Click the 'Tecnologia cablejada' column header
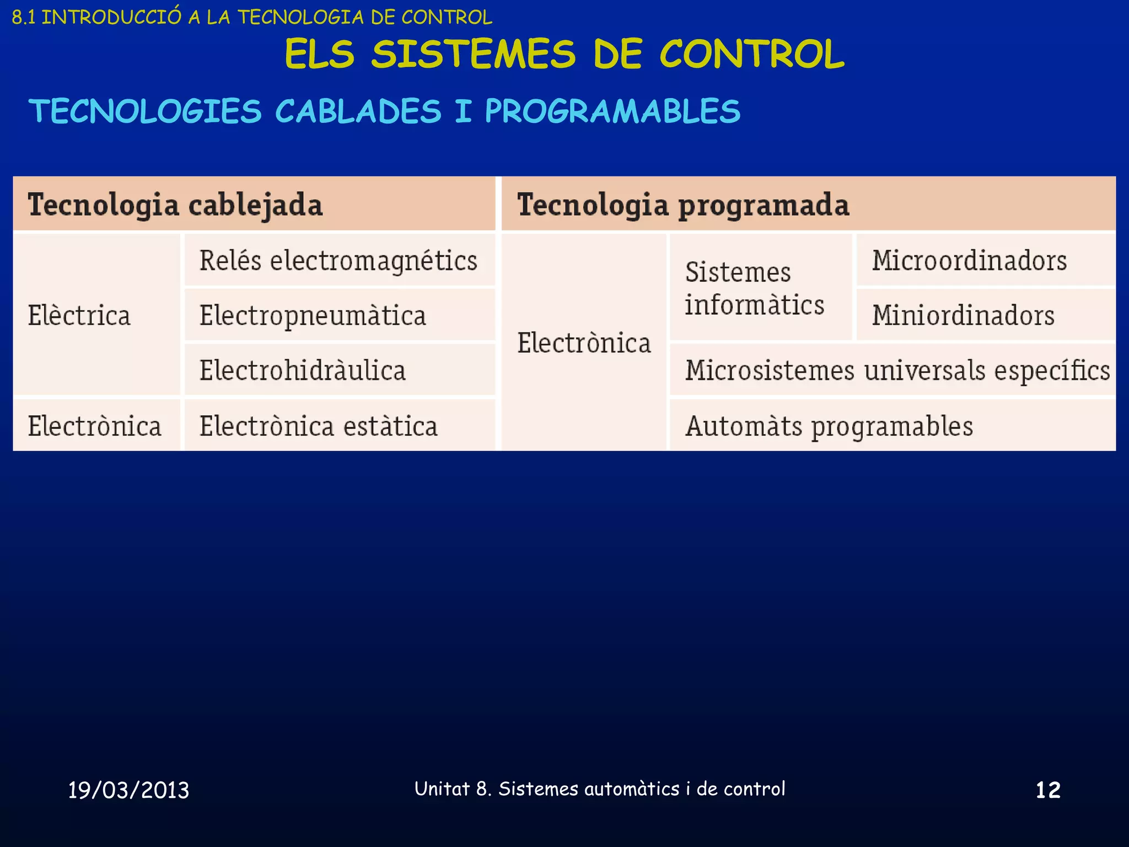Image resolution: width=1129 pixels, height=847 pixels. click(x=175, y=205)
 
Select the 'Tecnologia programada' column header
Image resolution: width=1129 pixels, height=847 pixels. click(x=683, y=205)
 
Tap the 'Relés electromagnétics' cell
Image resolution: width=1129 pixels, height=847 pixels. click(x=338, y=260)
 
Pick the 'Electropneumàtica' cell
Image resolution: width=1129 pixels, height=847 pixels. click(x=313, y=315)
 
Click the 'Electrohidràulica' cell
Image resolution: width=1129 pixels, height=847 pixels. click(x=303, y=370)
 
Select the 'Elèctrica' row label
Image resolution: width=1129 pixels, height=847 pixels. click(x=79, y=315)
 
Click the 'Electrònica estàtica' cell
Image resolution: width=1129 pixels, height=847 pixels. click(x=319, y=426)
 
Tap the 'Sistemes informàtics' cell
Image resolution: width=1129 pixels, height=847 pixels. click(x=754, y=288)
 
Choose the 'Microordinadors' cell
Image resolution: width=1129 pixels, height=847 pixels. click(x=969, y=260)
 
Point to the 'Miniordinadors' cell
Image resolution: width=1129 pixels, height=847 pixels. click(x=963, y=315)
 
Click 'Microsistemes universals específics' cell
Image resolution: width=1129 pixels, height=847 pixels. click(x=897, y=370)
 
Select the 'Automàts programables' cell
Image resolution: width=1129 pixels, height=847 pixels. click(x=829, y=426)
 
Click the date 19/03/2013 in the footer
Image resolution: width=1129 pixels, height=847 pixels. click(x=128, y=790)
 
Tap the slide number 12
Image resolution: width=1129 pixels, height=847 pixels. click(x=1048, y=790)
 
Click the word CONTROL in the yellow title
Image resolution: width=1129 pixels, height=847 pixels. click(x=752, y=54)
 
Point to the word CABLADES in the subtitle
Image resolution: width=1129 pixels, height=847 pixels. click(x=358, y=111)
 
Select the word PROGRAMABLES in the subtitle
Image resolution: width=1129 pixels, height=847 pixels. click(x=612, y=111)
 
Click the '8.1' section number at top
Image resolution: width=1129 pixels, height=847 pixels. click(x=24, y=18)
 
